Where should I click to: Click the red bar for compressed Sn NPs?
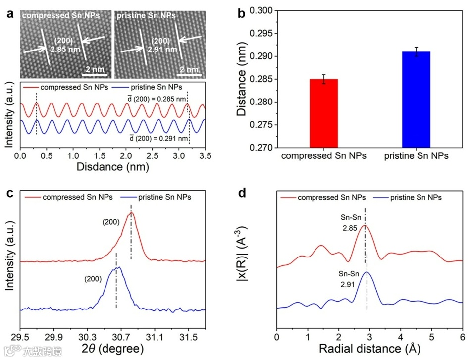point(323,113)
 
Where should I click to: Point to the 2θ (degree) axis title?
point(113,349)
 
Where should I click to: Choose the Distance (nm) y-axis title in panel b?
point(241,79)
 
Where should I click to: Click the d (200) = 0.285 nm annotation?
point(157,99)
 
